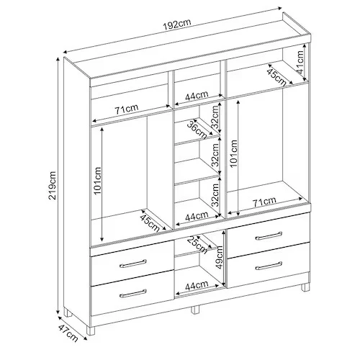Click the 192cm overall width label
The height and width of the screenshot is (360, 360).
point(177,24)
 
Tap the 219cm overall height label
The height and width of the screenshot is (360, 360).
point(53,185)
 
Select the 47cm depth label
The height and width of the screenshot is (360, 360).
point(68,333)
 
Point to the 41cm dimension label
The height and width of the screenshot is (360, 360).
point(300,63)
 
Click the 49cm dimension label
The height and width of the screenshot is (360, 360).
point(218,258)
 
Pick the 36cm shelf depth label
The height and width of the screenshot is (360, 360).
point(197,130)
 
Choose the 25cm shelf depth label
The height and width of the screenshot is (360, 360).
point(197,245)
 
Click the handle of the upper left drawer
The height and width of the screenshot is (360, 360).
point(133,264)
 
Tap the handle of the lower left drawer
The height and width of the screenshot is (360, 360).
point(133,294)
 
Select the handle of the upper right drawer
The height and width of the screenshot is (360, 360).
point(269,235)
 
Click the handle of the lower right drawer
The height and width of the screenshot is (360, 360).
point(269,266)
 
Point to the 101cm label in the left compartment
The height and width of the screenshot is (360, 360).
point(98,181)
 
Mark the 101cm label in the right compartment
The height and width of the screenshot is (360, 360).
point(233,153)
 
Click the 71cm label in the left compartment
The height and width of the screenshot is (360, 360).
point(127,109)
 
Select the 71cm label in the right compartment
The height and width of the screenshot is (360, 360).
point(264,202)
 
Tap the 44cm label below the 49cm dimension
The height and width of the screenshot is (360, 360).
point(197,285)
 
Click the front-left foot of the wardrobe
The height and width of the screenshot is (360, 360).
point(91,330)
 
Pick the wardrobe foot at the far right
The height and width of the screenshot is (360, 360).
point(305,287)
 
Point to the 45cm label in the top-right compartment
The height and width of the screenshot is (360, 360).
point(276,78)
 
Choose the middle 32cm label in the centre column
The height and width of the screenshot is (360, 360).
point(215,156)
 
